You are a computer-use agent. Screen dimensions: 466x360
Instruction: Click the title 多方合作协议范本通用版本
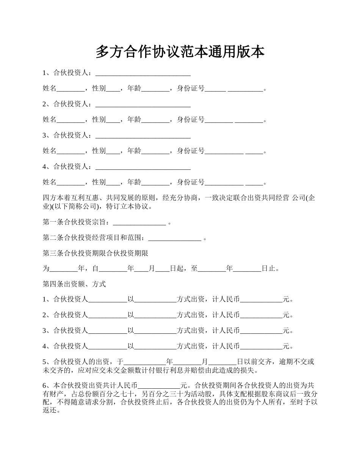pos(180,52)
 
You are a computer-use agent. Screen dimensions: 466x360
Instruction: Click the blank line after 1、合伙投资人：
pos(143,73)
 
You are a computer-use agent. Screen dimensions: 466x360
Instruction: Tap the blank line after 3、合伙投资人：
pos(143,136)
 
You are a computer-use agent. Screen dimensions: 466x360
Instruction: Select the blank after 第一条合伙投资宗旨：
pos(139,222)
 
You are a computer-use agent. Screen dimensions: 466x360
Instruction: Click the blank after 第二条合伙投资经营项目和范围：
pos(175,238)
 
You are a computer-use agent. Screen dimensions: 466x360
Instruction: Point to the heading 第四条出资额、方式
pos(74,284)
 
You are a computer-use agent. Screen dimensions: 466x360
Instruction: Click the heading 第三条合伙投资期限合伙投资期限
pos(95,253)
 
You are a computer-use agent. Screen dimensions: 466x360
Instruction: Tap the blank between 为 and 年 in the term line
pos(64,269)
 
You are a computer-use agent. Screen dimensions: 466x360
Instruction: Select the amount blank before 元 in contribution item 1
pos(261,300)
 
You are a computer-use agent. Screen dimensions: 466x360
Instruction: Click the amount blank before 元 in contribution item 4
pos(261,346)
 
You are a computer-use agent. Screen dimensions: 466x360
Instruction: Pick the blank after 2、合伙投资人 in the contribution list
pos(108,315)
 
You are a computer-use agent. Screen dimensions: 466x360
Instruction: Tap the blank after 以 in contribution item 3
pos(156,331)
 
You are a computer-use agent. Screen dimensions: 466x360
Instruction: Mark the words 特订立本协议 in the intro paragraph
pos(128,207)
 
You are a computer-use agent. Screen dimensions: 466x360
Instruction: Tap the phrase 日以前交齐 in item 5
pos(254,362)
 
